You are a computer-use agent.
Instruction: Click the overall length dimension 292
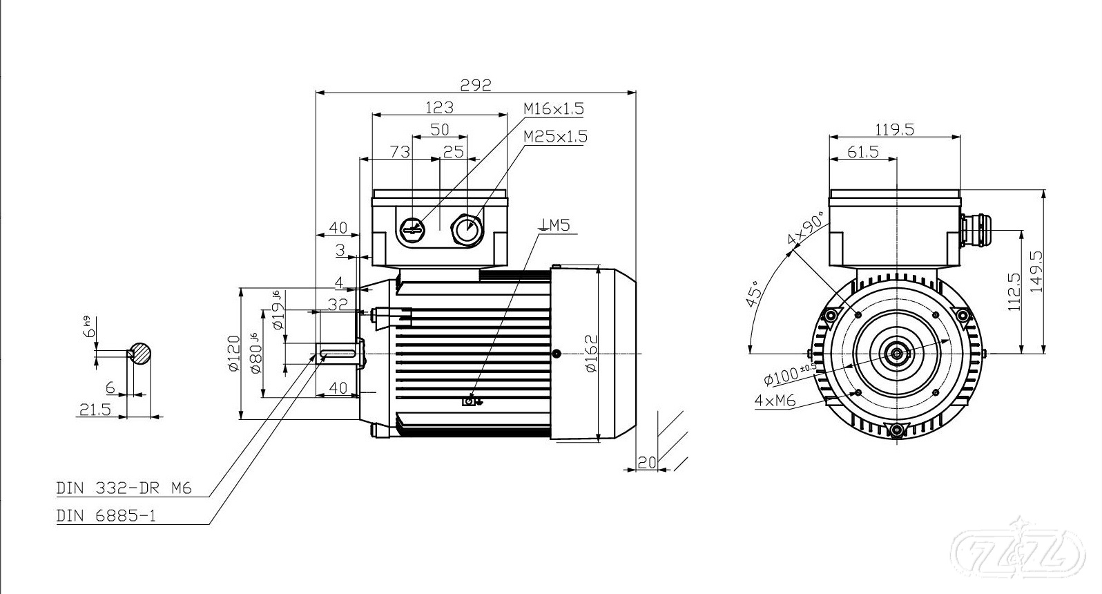(476, 84)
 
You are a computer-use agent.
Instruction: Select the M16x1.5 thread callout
(553, 108)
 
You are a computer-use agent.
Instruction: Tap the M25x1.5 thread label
(554, 136)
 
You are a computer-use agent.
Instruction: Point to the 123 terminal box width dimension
(439, 107)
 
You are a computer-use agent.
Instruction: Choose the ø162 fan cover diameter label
(591, 353)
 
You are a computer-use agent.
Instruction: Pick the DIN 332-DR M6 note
(124, 488)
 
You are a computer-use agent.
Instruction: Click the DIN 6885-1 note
(106, 516)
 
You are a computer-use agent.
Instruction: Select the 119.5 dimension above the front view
(895, 129)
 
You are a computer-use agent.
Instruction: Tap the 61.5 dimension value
(863, 151)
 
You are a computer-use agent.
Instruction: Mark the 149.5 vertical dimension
(1036, 271)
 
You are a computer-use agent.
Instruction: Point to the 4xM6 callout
(775, 400)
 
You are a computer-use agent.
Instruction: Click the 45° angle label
(754, 294)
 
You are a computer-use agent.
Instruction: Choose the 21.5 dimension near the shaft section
(95, 410)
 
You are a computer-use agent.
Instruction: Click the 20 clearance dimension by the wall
(646, 463)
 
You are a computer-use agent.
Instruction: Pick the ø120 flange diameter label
(234, 353)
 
